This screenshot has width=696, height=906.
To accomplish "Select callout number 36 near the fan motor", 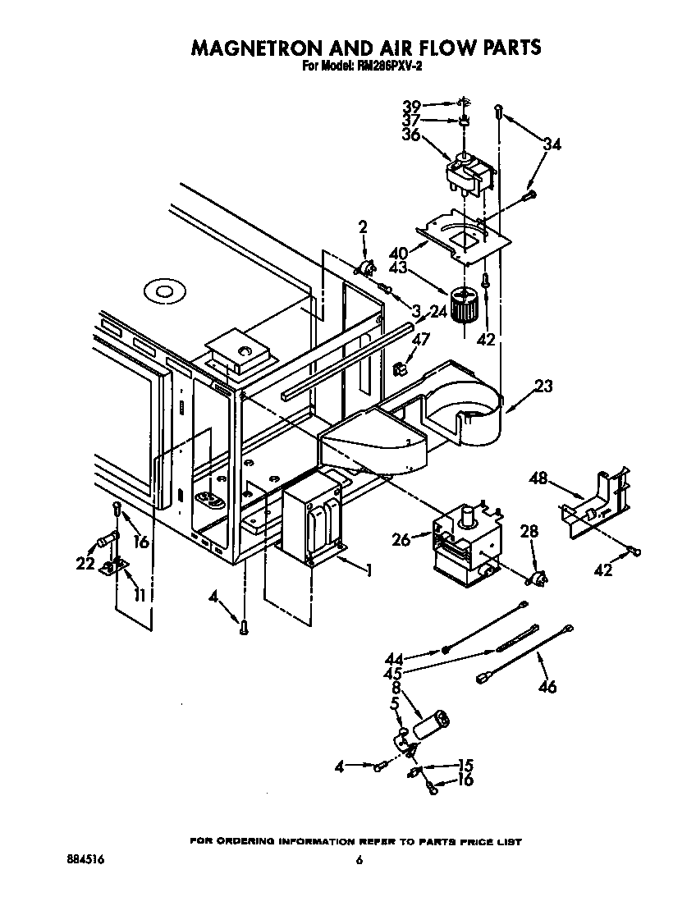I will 411,135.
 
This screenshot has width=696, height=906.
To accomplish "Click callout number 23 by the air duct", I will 543,386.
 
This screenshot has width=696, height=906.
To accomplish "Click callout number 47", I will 421,338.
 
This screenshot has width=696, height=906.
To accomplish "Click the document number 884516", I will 84,860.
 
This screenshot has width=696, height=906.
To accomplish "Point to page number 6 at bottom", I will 359,860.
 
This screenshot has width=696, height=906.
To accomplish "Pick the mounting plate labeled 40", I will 465,236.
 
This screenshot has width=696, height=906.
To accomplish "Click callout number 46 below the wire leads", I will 547,686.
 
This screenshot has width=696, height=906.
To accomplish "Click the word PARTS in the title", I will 503,48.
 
